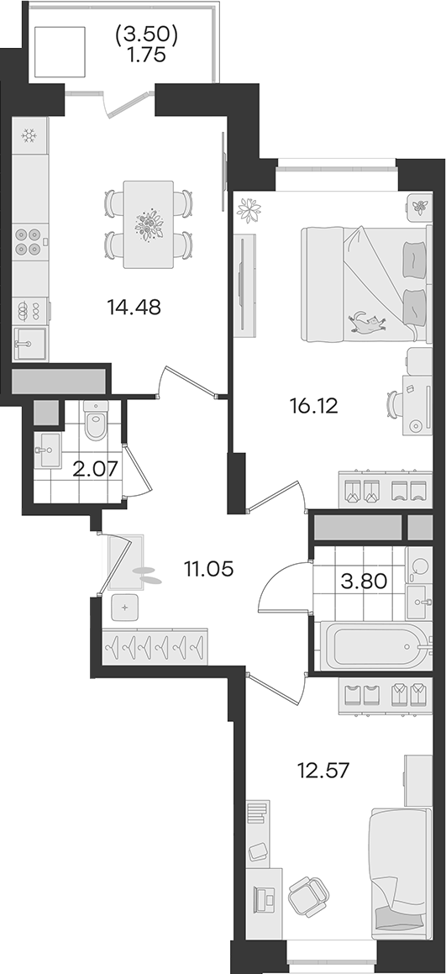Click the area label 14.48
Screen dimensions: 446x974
(134, 307)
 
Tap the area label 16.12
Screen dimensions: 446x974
(313, 406)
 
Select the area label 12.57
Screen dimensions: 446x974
(323, 771)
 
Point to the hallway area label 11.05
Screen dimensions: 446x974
(208, 568)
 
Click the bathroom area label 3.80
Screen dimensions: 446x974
(365, 582)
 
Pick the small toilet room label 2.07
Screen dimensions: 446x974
(95, 469)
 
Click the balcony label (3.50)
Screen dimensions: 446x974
(147, 37)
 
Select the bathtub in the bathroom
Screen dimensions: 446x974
(375, 646)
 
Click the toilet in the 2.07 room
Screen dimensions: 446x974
(96, 420)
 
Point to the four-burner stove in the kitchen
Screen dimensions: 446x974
(29, 242)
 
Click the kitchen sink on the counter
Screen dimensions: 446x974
(29, 344)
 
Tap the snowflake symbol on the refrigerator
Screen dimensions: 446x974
(28, 134)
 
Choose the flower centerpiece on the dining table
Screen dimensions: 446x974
(149, 225)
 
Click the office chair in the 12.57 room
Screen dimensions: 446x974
(309, 897)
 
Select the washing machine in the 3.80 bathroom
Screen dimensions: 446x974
(419, 566)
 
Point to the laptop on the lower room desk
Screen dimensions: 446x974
(265, 898)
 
